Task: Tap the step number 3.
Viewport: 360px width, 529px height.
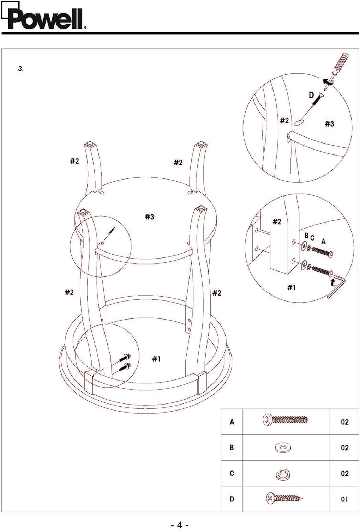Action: coord(21,69)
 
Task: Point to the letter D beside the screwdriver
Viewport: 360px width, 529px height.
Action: coord(311,95)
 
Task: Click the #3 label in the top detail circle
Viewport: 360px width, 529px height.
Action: coord(329,124)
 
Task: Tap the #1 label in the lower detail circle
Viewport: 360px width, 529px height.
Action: coord(291,287)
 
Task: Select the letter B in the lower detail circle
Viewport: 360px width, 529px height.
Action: coord(306,236)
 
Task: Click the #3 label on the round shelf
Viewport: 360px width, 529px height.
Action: coord(149,217)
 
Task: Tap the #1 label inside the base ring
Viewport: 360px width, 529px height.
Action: coord(156,359)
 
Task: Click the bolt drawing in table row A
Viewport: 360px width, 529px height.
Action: coord(285,420)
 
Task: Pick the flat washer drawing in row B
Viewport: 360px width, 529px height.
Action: coord(283,447)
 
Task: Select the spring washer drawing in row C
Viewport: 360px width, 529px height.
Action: coord(283,474)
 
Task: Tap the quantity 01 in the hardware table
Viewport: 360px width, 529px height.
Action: coord(344,499)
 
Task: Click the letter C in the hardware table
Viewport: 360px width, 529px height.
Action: coord(232,473)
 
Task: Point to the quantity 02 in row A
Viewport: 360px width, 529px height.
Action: coord(344,422)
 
